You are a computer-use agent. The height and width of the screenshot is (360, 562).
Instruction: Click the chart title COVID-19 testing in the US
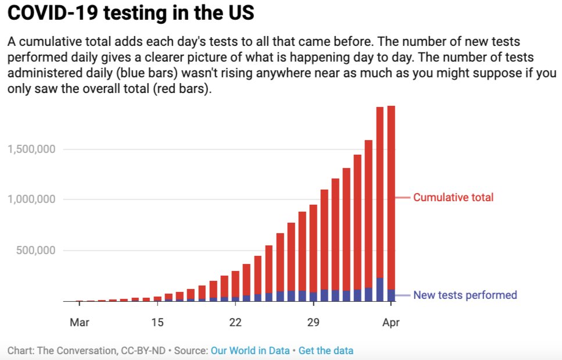tap(130, 13)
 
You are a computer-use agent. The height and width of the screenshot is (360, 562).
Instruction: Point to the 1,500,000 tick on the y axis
tap(31, 149)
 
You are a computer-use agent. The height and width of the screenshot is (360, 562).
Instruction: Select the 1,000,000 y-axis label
tap(31, 199)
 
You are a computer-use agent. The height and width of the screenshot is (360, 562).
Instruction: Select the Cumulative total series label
tap(453, 198)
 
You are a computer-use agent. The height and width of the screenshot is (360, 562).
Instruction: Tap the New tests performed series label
tap(465, 295)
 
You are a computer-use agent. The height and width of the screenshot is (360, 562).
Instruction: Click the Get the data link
tap(325, 351)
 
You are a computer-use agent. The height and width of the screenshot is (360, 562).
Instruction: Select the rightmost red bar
tap(391, 198)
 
